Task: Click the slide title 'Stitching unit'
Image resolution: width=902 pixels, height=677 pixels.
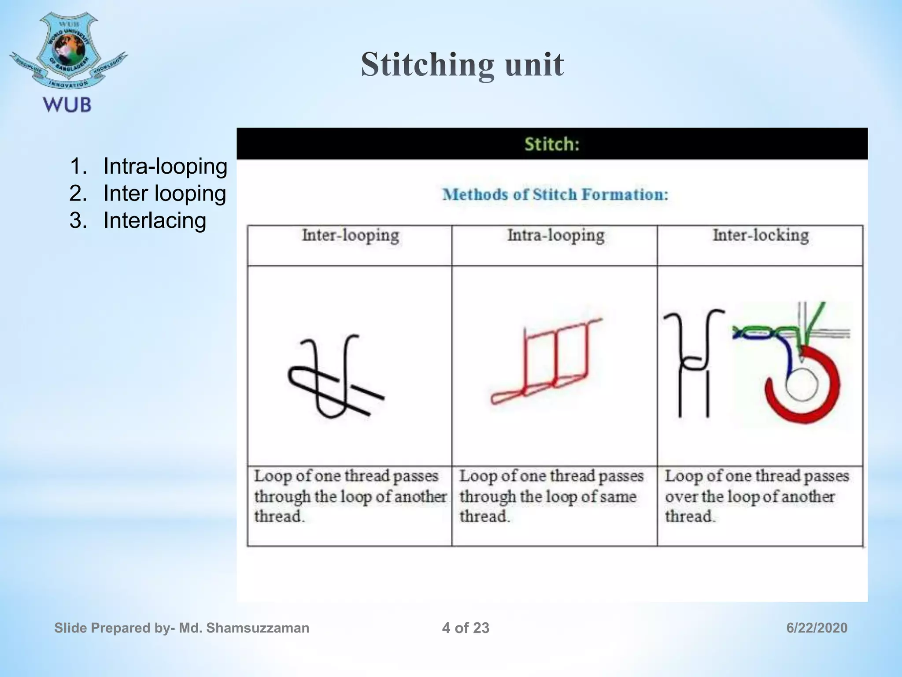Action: click(x=462, y=64)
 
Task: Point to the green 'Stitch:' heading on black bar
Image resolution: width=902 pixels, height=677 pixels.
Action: click(x=552, y=144)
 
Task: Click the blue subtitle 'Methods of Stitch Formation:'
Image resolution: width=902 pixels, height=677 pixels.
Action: click(x=555, y=194)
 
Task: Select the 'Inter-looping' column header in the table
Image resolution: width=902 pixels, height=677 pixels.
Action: click(x=350, y=235)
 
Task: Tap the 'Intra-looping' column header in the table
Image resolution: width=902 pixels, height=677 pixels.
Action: click(x=555, y=235)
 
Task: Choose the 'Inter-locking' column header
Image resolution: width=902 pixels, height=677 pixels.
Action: click(x=761, y=235)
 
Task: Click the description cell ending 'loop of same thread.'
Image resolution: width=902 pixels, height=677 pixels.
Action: click(x=551, y=496)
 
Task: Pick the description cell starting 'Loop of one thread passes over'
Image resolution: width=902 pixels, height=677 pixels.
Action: click(x=757, y=496)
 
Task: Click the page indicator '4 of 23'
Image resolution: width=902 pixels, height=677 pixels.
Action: click(x=466, y=628)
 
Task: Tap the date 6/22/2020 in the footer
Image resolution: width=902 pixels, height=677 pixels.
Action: click(x=817, y=628)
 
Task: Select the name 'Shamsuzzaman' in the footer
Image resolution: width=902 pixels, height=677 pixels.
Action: click(x=258, y=628)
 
